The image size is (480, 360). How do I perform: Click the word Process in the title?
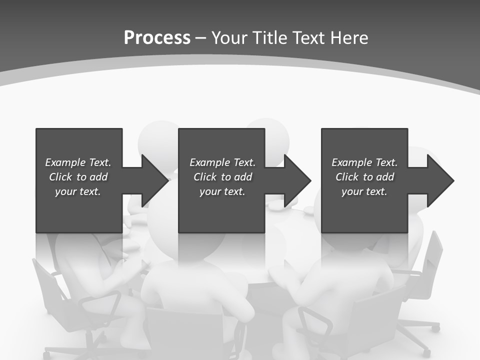(x=157, y=38)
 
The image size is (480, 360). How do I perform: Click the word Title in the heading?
(x=270, y=38)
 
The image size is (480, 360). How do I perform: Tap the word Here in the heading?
(x=349, y=38)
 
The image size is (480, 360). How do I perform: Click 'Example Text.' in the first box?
(x=78, y=162)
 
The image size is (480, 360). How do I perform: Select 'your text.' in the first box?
(x=78, y=191)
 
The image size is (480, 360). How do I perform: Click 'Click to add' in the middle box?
(x=223, y=177)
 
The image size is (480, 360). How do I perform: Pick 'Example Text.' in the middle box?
(x=223, y=162)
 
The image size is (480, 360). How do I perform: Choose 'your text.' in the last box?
(x=364, y=191)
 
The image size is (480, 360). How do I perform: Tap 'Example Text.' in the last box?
(x=364, y=162)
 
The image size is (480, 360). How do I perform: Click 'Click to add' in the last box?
(x=364, y=177)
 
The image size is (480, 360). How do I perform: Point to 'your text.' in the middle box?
(x=223, y=191)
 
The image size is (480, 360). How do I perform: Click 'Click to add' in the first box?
(x=78, y=177)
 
